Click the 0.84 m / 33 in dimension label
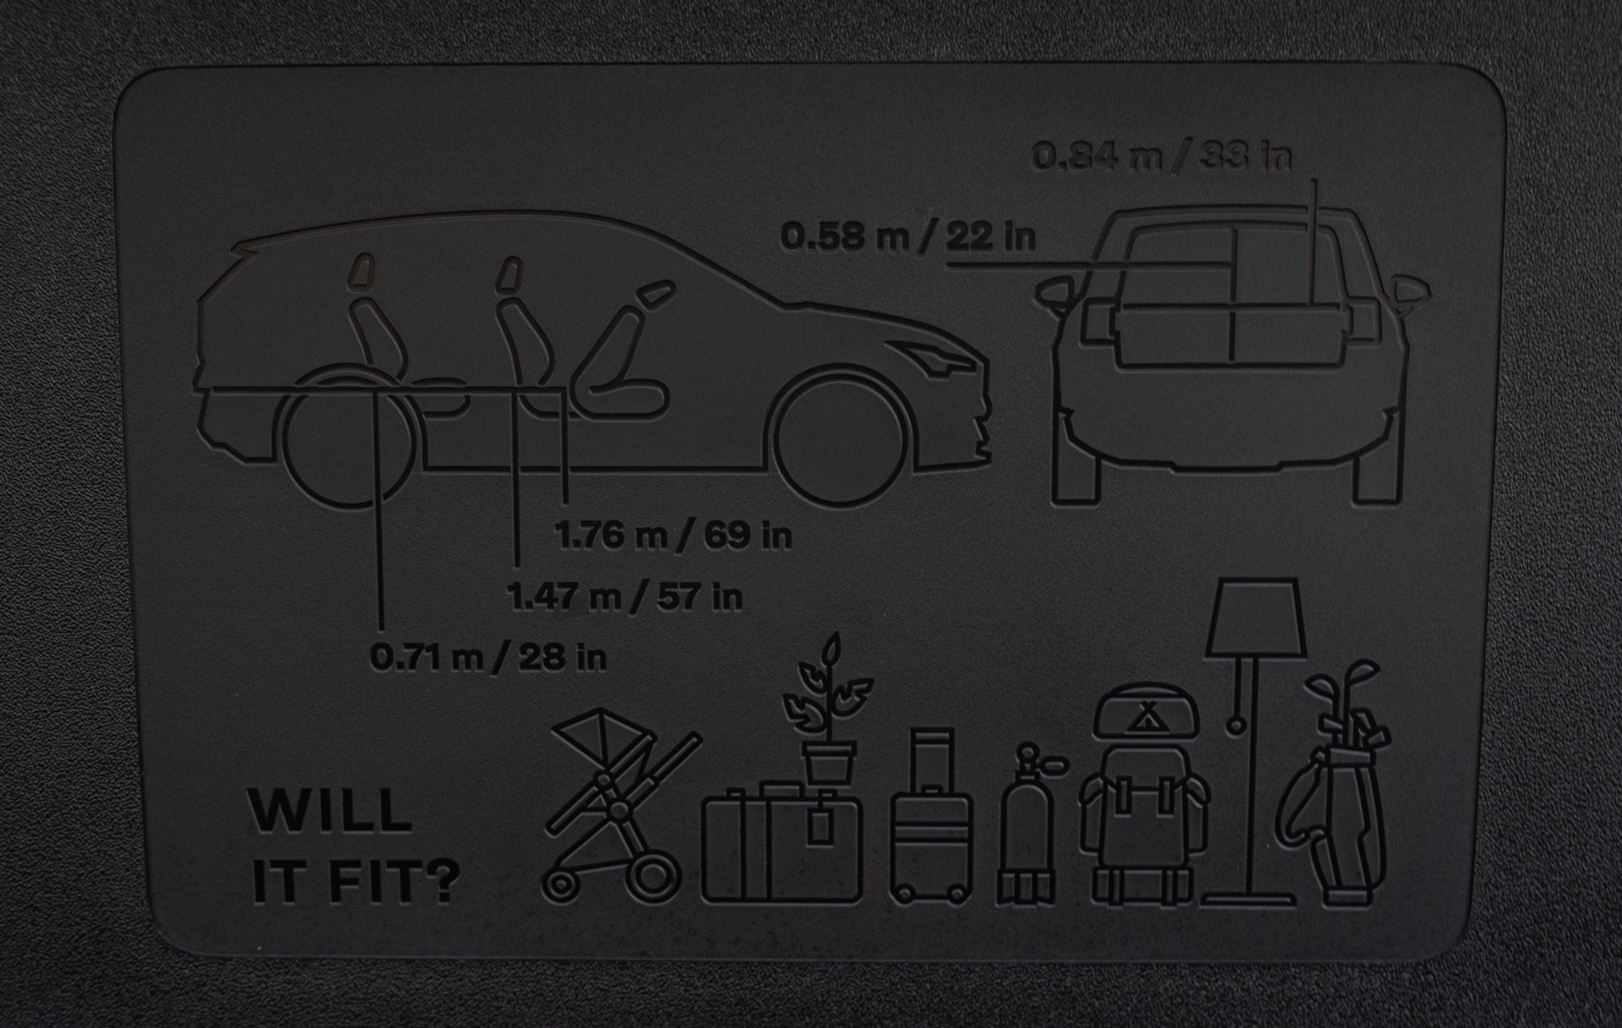point(1162,156)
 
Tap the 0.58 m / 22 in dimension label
point(907,237)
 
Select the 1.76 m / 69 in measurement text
point(673,536)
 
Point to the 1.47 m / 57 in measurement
point(624,597)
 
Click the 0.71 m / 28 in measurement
point(488,657)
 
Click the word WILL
point(329,812)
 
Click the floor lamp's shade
point(1256,617)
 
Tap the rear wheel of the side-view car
point(349,439)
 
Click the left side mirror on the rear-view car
point(1056,291)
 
